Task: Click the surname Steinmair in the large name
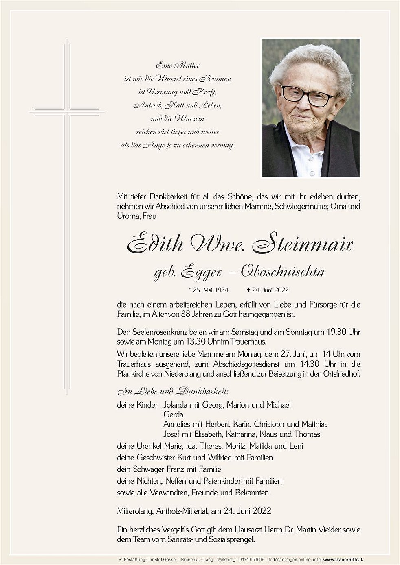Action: coord(302,244)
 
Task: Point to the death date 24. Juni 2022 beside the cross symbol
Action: coord(270,290)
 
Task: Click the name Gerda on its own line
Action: coord(173,414)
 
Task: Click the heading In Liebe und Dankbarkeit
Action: coord(173,392)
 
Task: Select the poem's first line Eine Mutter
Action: coord(178,65)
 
